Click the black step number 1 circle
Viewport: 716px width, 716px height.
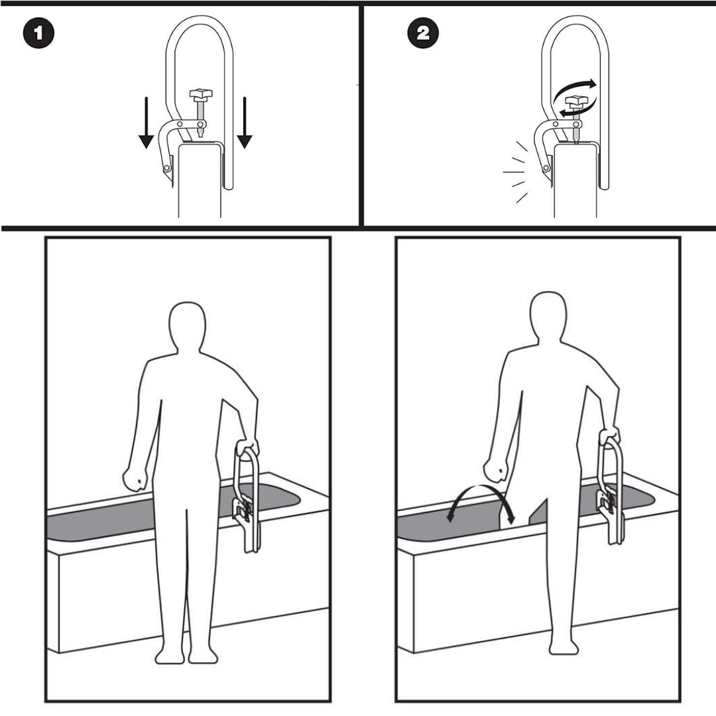click(38, 33)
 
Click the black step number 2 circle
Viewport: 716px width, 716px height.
click(423, 33)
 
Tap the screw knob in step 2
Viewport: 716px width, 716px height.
click(576, 102)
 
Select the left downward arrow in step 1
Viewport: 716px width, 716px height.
click(146, 123)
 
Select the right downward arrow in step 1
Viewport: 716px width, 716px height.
click(245, 123)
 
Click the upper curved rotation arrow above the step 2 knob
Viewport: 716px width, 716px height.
click(573, 89)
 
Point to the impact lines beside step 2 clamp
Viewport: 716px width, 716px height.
click(515, 172)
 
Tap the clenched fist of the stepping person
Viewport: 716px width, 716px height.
click(497, 469)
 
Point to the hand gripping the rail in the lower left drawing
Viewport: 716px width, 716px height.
click(247, 447)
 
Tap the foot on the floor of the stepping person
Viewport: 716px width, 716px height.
click(564, 648)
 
